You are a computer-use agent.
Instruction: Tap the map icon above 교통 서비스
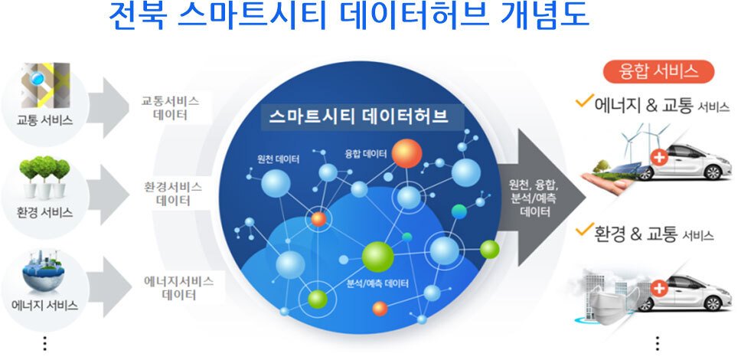pyautogui.click(x=45, y=85)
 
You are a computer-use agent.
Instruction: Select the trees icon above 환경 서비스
pyautogui.click(x=44, y=178)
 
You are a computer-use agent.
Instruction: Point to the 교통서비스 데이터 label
pyautogui.click(x=170, y=108)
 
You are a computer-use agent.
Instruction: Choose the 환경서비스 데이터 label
pyautogui.click(x=173, y=194)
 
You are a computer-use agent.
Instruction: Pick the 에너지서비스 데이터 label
pyautogui.click(x=178, y=288)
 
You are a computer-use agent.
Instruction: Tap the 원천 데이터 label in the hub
pyautogui.click(x=278, y=159)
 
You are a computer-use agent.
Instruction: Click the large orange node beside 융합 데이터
pyautogui.click(x=406, y=153)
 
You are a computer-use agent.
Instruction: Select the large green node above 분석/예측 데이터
pyautogui.click(x=377, y=257)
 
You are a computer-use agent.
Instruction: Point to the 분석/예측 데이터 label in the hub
pyautogui.click(x=377, y=284)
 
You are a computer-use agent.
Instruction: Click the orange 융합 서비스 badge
pyautogui.click(x=658, y=71)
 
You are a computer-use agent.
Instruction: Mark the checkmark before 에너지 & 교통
pyautogui.click(x=585, y=101)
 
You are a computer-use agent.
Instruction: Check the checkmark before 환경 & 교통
pyautogui.click(x=585, y=230)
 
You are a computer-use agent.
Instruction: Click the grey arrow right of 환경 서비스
pyautogui.click(x=108, y=194)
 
